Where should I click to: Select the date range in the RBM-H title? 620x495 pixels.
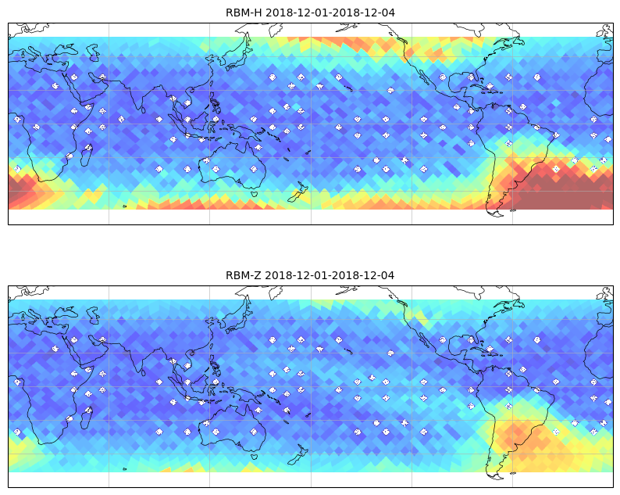pos(330,13)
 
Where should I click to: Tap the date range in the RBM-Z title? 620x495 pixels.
pos(330,275)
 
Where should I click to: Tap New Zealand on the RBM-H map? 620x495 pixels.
pos(298,192)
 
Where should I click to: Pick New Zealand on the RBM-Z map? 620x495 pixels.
pos(298,455)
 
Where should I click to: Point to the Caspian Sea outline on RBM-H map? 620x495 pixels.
pos(94,52)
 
